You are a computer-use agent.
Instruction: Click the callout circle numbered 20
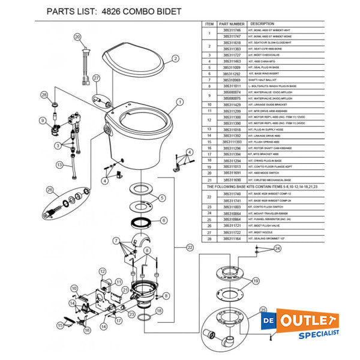tap(77, 37)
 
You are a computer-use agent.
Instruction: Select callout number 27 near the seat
tap(95, 79)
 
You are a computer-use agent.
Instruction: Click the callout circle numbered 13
tap(59, 164)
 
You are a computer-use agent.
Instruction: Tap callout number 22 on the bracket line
tap(190, 247)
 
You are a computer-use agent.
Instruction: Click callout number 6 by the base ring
tap(163, 221)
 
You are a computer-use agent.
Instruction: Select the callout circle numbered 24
tap(277, 248)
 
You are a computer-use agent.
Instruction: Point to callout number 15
tap(60, 325)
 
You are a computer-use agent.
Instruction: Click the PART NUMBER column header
tap(232, 23)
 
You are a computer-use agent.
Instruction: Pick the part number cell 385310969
tap(232, 80)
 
